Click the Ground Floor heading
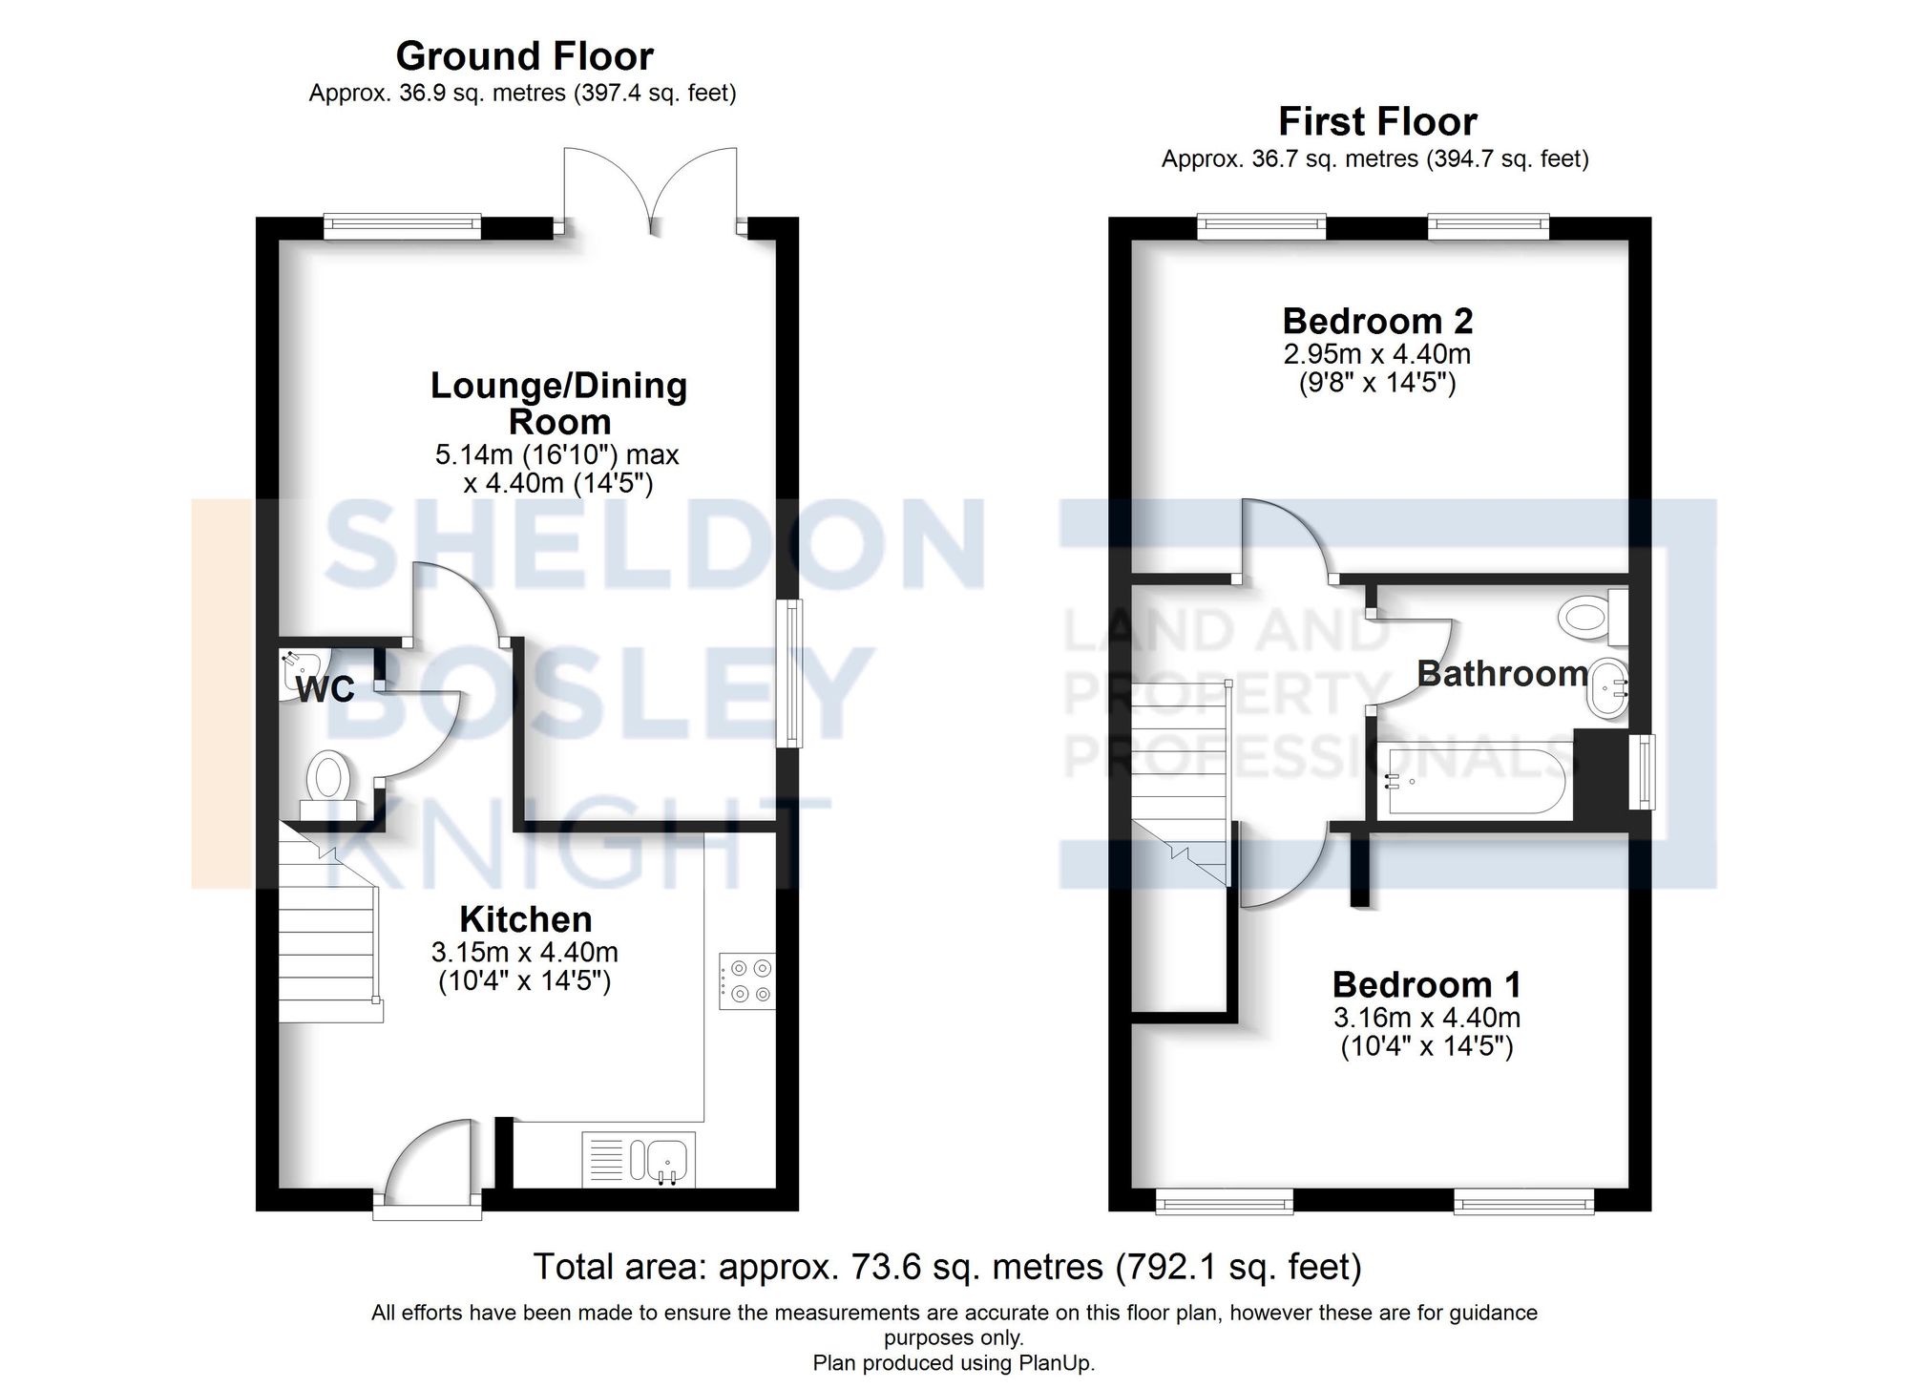[524, 56]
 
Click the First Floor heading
[1377, 122]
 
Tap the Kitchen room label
[525, 919]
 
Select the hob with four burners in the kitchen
[747, 980]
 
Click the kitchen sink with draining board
[639, 1160]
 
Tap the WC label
[325, 689]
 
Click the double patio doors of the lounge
[651, 191]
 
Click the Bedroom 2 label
[1377, 321]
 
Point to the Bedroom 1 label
[1426, 984]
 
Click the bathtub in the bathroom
[1475, 781]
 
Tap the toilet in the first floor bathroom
[1592, 616]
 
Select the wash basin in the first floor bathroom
[1608, 687]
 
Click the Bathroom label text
[1501, 673]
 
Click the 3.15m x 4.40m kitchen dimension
[524, 952]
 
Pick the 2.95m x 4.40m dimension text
[1376, 354]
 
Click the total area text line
[947, 1267]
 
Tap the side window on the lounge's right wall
[788, 672]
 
